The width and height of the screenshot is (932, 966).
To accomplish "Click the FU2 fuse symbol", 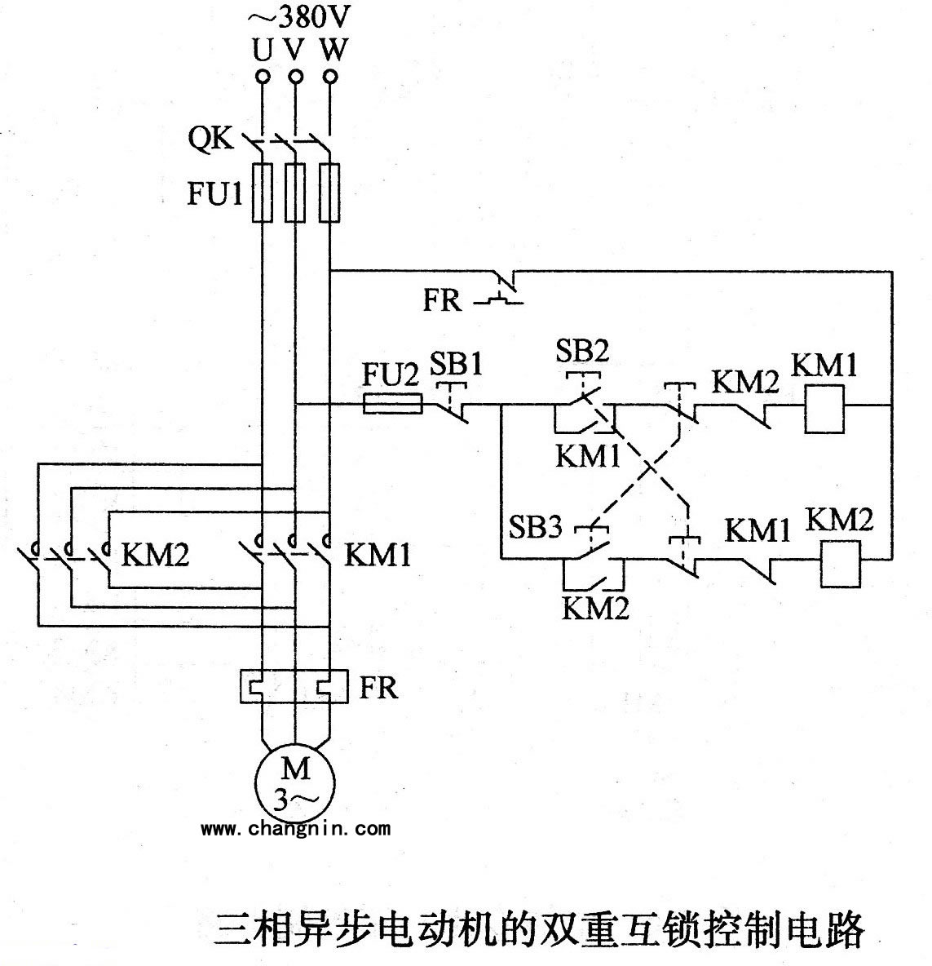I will [391, 404].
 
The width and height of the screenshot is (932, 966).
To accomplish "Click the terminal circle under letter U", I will [263, 78].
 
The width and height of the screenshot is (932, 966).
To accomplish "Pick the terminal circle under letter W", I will [329, 78].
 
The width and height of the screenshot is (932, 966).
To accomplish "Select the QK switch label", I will [211, 140].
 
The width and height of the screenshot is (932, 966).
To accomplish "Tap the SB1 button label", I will [457, 364].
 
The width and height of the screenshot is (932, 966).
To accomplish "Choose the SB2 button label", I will [582, 351].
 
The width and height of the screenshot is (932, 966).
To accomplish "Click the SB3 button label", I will [536, 528].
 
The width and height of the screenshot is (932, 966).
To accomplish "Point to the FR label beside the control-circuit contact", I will [441, 301].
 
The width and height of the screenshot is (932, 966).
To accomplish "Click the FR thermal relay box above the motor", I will [294, 686].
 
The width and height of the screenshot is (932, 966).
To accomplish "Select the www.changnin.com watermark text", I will [295, 829].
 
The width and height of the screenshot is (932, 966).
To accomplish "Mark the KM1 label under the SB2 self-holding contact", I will [588, 455].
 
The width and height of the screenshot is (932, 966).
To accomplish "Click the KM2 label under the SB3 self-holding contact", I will [595, 608].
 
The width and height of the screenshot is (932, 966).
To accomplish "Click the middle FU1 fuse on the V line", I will [295, 192].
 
